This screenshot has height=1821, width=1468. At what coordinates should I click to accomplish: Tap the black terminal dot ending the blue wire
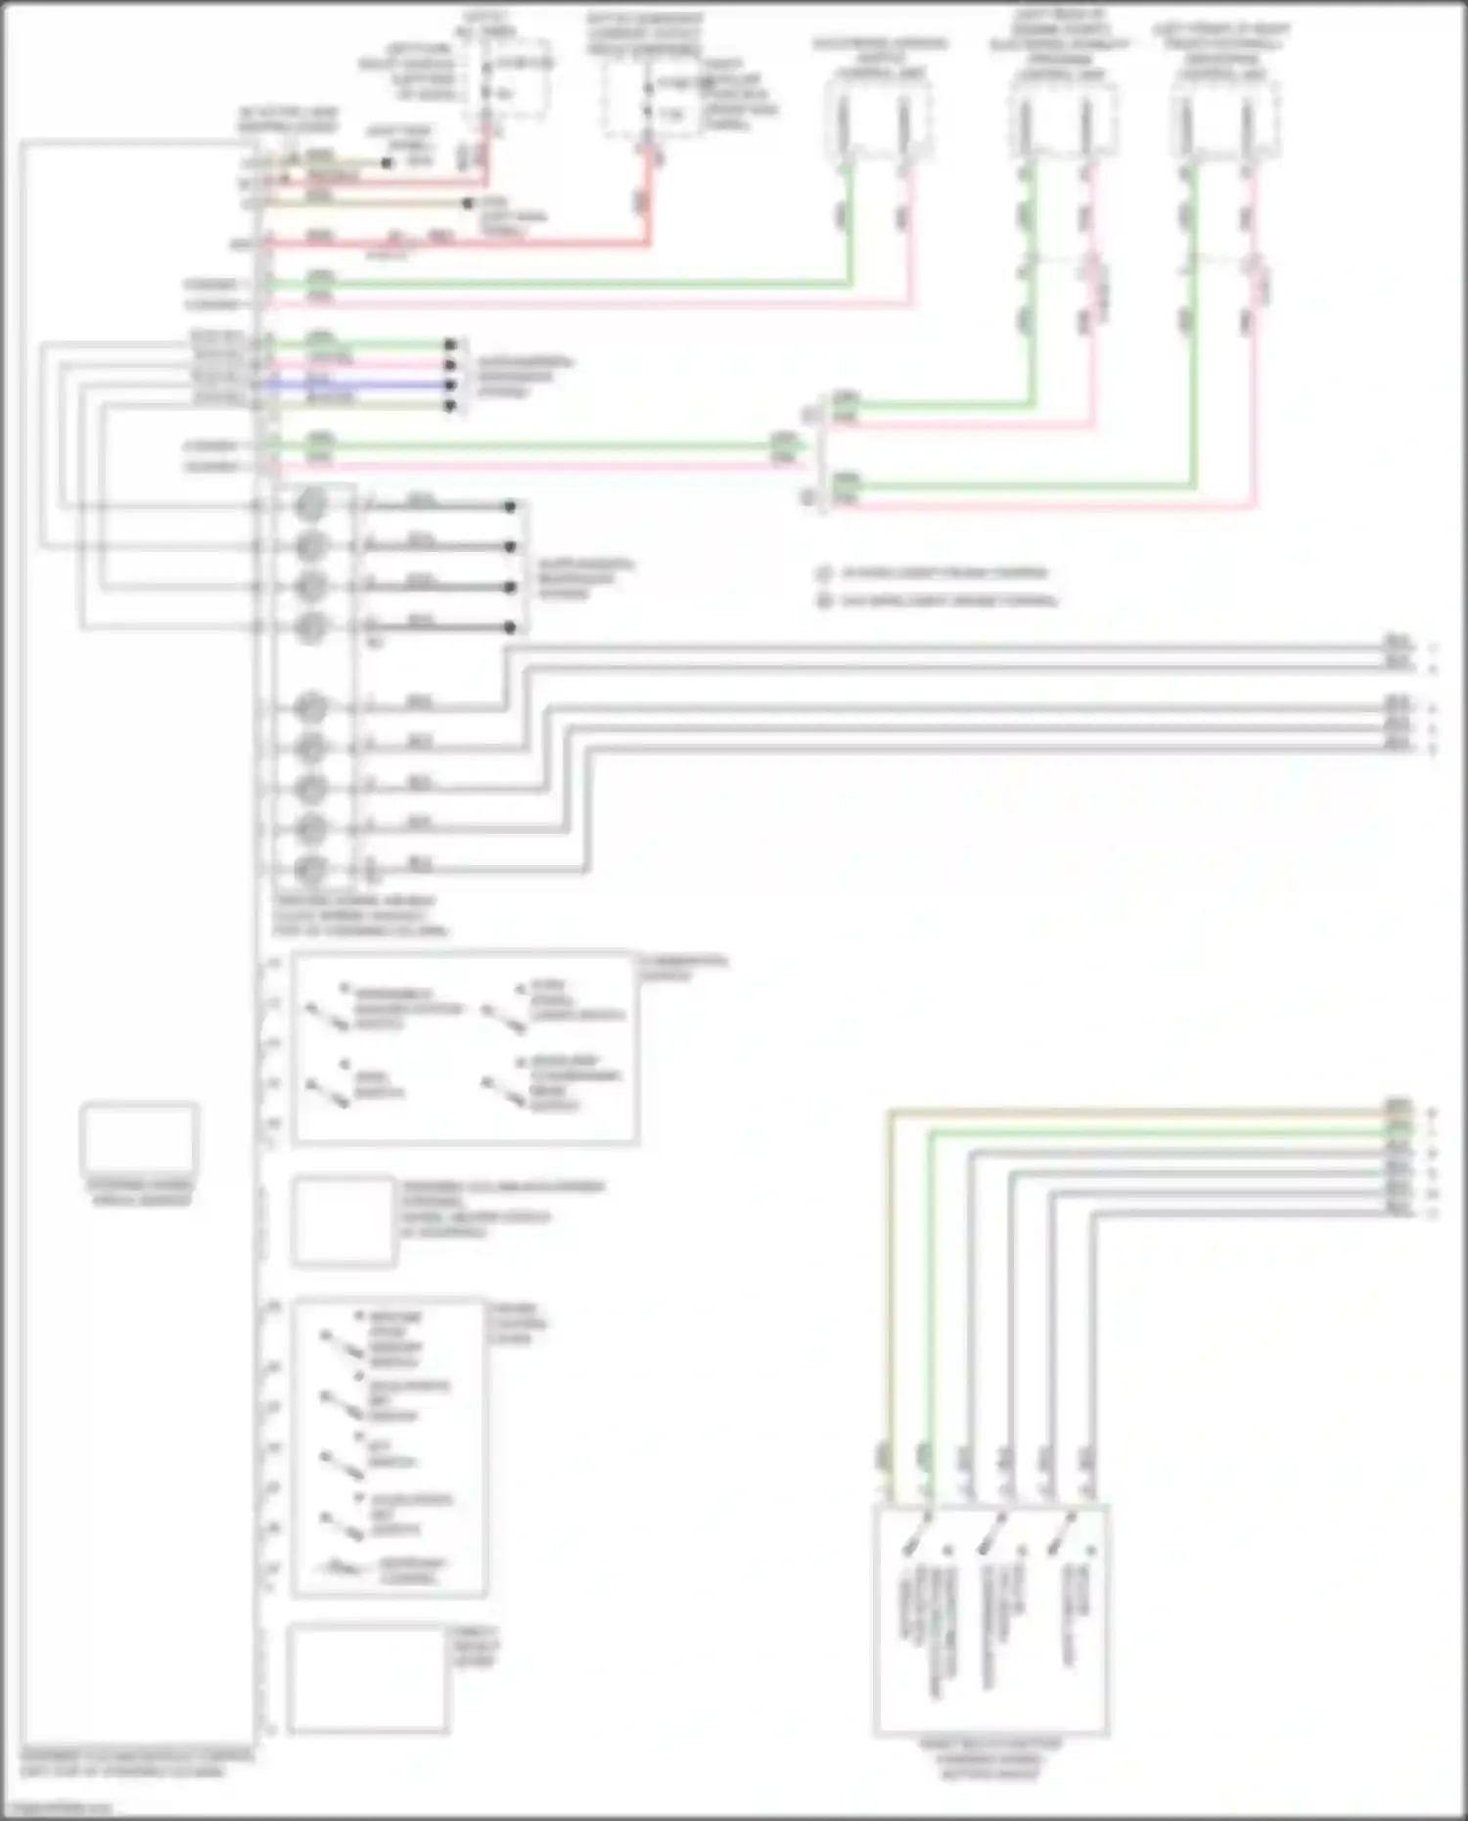pyautogui.click(x=450, y=385)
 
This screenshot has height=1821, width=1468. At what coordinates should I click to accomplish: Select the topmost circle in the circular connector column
pyautogui.click(x=310, y=506)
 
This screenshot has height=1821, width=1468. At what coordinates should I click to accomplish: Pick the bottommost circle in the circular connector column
pyautogui.click(x=310, y=869)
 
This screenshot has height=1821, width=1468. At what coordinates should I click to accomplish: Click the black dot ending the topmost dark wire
pyautogui.click(x=510, y=507)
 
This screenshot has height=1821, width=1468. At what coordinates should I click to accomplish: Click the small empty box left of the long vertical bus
pyautogui.click(x=139, y=1139)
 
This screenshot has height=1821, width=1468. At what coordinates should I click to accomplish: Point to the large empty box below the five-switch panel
pyautogui.click(x=367, y=1678)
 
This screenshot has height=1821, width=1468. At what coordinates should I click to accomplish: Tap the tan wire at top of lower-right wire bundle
pyautogui.click(x=1125, y=1113)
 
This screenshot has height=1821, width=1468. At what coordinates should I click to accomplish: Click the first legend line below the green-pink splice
pyautogui.click(x=935, y=572)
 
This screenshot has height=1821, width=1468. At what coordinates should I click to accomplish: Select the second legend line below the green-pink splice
pyautogui.click(x=940, y=600)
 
